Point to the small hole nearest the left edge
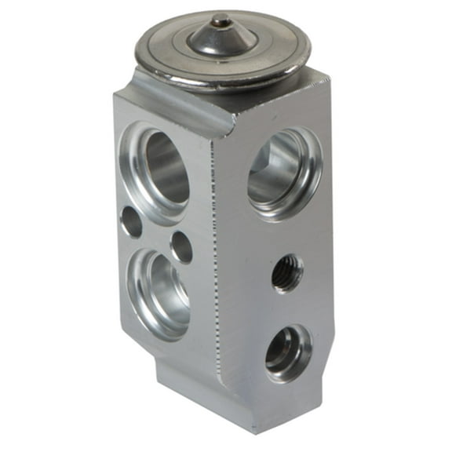pyautogui.click(x=132, y=223)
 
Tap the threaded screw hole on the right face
pyautogui.click(x=287, y=274)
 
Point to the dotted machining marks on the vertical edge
pyautogui.click(x=214, y=259)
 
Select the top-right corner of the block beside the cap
pyautogui.click(x=328, y=75)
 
